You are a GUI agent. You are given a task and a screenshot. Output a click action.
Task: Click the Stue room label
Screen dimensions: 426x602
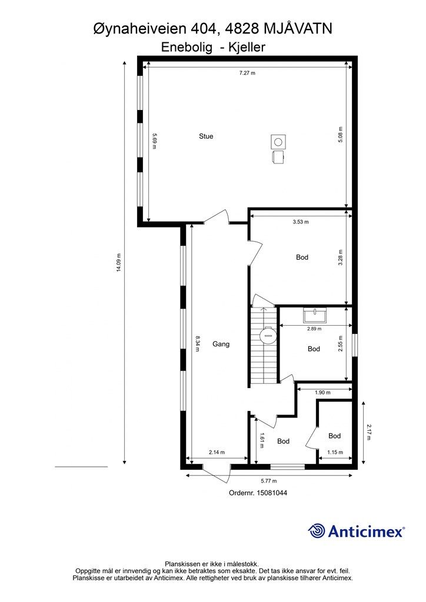pos(206,136)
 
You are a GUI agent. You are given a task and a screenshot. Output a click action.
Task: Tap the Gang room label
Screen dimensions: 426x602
pos(221,344)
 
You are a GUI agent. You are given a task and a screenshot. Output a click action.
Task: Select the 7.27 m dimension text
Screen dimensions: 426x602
pos(247,72)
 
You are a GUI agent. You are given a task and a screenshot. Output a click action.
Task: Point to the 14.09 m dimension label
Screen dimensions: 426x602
pos(119,263)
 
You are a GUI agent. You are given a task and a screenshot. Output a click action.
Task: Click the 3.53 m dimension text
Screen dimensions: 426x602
pos(301,222)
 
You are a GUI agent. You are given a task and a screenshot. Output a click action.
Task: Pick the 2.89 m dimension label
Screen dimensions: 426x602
pos(314,329)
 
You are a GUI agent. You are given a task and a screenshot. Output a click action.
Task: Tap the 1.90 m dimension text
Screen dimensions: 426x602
pos(322,392)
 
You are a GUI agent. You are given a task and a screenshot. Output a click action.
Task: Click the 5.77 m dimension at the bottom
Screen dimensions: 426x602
pos(269,481)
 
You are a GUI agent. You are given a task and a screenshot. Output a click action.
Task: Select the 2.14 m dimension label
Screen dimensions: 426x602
pos(217,452)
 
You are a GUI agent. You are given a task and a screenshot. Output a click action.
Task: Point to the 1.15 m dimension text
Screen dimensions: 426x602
pos(335,452)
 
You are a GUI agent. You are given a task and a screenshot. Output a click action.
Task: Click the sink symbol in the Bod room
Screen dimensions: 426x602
pos(315,315)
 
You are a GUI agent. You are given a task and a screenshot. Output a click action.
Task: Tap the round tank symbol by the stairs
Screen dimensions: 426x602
pos(267,335)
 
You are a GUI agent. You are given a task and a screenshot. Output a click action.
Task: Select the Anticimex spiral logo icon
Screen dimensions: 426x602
pos(317,531)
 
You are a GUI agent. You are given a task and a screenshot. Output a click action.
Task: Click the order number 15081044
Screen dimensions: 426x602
pos(271,493)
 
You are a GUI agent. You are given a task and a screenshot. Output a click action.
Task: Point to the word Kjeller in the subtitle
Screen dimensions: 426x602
pos(247,47)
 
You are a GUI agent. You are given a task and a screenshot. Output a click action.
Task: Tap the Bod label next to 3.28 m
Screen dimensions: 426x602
pos(302,257)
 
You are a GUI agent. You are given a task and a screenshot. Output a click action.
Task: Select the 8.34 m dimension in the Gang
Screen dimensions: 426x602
pos(198,344)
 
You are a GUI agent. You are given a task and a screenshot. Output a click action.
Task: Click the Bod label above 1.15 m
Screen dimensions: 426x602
pos(335,436)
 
